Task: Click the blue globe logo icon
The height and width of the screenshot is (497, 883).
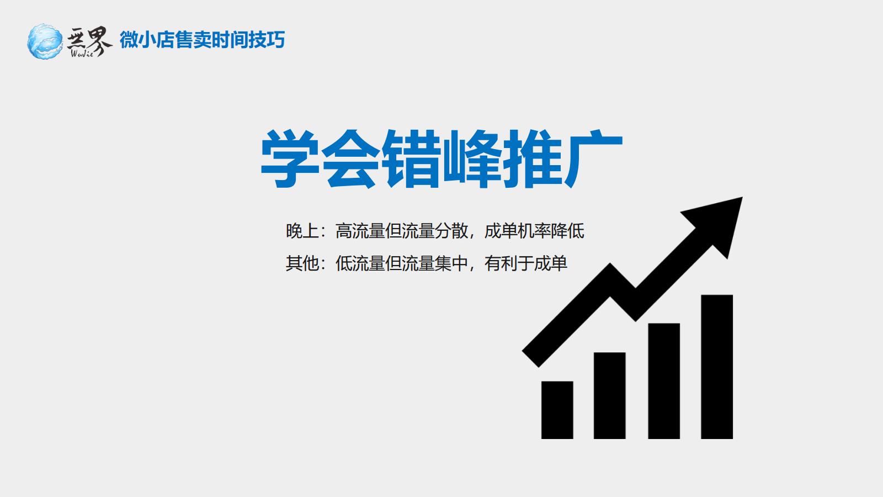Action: (45, 41)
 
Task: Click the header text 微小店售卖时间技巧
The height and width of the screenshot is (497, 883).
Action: (202, 40)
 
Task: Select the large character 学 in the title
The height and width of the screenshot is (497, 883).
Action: (290, 158)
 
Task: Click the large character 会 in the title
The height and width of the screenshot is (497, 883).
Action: (351, 158)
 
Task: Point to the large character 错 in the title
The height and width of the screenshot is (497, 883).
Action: (411, 158)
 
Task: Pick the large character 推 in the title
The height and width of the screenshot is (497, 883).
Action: (533, 158)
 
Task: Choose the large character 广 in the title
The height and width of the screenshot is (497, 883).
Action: (593, 158)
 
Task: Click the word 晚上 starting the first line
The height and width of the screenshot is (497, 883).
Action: (302, 231)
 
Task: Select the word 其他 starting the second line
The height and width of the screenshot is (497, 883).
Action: (302, 263)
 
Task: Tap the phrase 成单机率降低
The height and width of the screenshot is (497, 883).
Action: (534, 231)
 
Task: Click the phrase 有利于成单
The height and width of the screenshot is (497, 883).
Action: (526, 263)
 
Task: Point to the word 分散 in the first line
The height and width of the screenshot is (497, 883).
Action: (451, 231)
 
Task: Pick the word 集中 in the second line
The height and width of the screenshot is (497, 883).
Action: (451, 263)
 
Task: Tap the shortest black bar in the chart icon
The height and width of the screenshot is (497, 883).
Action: (557, 410)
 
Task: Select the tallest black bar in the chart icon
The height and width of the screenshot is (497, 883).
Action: (717, 367)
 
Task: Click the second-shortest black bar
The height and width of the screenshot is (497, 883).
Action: (609, 395)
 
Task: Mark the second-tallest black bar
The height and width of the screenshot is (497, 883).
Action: (664, 381)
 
